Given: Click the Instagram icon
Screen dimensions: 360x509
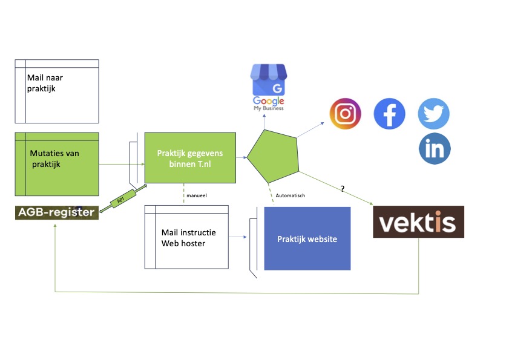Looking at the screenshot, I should click(x=345, y=113).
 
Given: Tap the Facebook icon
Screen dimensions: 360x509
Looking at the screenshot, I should click(x=389, y=113).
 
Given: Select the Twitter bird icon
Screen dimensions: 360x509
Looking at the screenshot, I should click(x=434, y=113).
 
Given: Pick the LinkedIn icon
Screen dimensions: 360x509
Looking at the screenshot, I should click(x=434, y=149).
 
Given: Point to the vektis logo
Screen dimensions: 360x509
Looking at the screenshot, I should click(x=418, y=221).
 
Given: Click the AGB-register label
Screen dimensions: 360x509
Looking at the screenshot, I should click(x=56, y=212).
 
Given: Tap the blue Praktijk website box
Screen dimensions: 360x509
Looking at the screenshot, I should click(x=307, y=238).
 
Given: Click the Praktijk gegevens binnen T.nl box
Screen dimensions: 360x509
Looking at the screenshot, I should click(x=190, y=157).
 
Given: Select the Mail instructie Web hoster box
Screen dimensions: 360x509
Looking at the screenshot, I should click(x=187, y=237).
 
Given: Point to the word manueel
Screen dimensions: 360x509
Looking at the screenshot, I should click(x=197, y=195).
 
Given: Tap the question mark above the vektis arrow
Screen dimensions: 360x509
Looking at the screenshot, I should click(x=343, y=189).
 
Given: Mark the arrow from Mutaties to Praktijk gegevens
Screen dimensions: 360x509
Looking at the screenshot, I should click(x=121, y=164).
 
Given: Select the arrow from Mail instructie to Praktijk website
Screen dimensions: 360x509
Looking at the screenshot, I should click(x=238, y=237).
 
